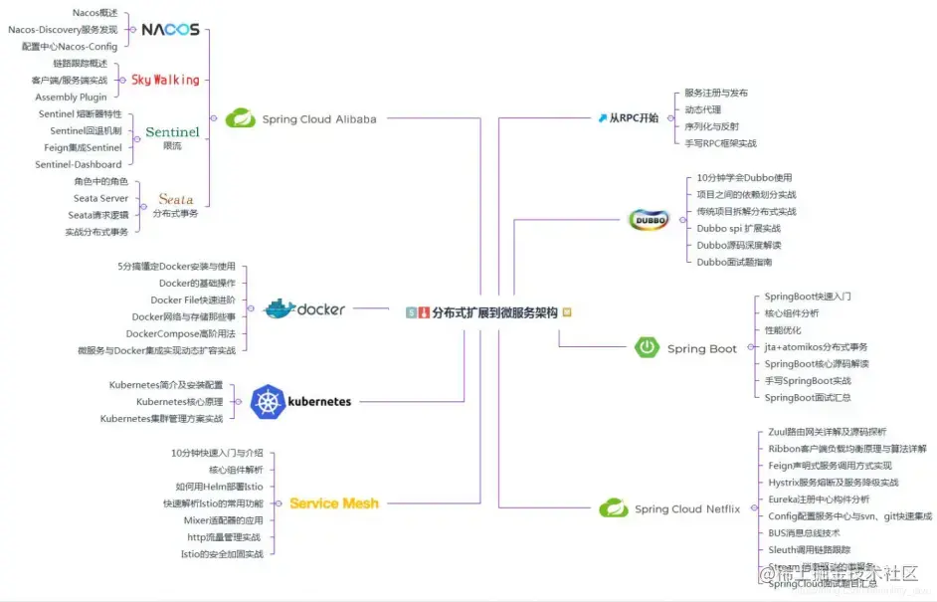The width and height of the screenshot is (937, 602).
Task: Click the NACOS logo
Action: tap(170, 30)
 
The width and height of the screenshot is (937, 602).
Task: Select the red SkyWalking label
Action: tap(165, 80)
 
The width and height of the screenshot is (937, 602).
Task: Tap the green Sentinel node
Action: tap(172, 132)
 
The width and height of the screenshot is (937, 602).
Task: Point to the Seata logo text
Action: tap(175, 199)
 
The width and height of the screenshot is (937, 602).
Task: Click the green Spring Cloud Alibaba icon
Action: tap(240, 118)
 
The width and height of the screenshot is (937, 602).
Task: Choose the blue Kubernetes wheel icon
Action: tap(268, 401)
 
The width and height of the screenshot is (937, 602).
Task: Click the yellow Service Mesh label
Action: tap(334, 503)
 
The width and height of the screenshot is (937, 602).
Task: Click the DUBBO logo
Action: tap(649, 220)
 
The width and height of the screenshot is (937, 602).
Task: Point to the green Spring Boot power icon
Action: tap(648, 347)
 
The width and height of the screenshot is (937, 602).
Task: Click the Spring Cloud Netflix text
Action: tap(687, 508)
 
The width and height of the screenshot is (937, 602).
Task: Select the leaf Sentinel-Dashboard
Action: tap(79, 165)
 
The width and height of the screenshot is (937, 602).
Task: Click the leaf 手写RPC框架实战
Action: tap(720, 143)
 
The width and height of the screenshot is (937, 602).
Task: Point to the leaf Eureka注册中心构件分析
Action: tap(819, 499)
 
